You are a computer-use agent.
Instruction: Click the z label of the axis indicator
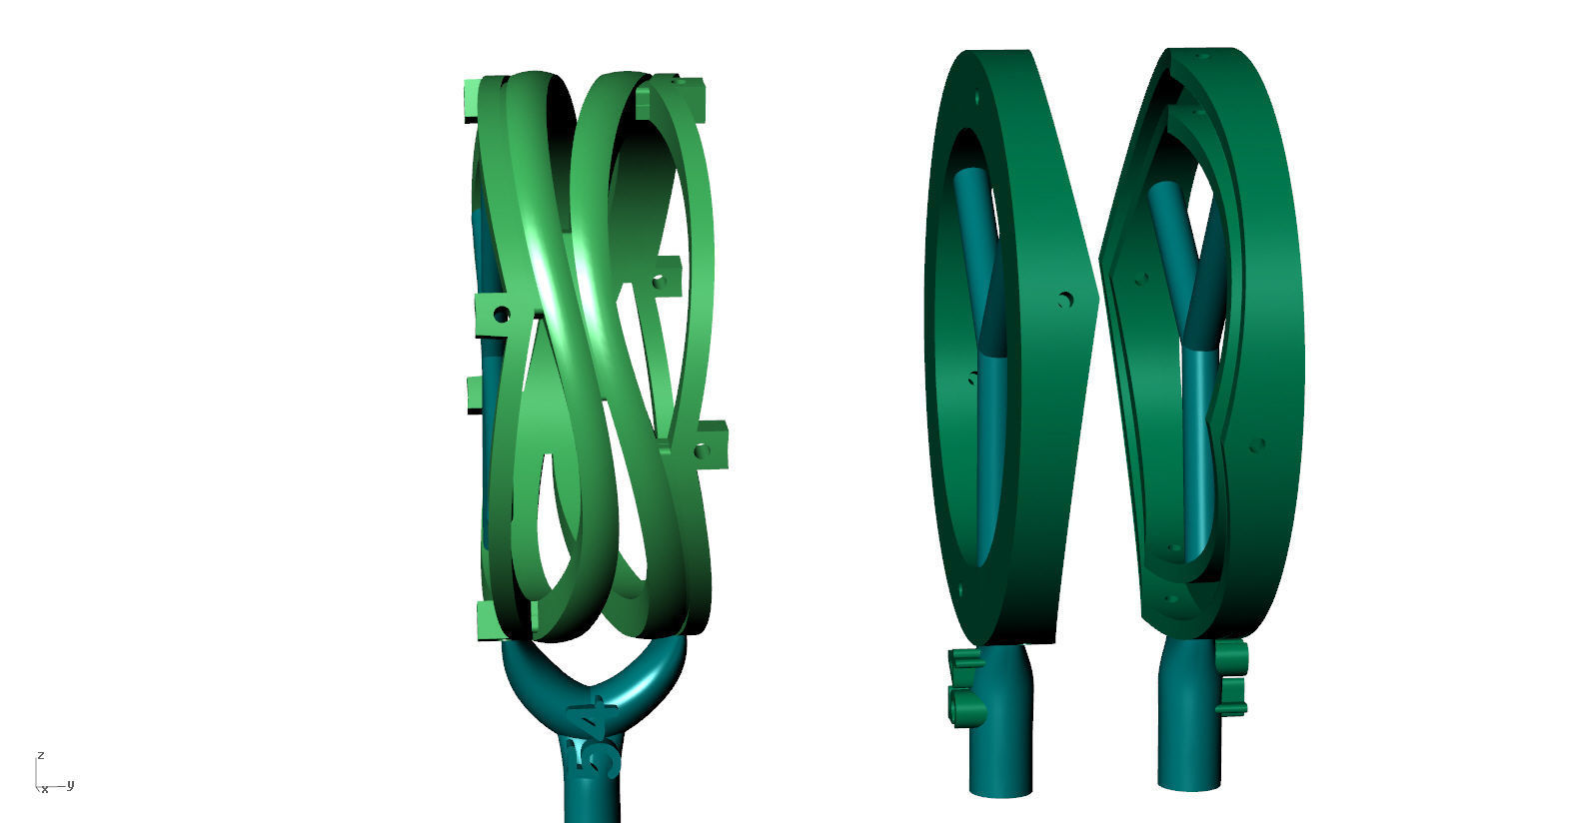pos(40,755)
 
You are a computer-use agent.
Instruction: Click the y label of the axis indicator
pos(71,784)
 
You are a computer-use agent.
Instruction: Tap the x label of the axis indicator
pos(45,789)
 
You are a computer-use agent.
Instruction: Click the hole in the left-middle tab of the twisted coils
pos(502,315)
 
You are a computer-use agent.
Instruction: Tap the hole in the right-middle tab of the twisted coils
pos(659,283)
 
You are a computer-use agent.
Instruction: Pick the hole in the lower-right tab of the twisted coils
pos(702,450)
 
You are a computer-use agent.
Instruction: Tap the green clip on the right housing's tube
pos(1234,677)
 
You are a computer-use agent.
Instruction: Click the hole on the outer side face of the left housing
pos(1066,299)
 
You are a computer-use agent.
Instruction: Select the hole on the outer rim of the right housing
pos(1257,444)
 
